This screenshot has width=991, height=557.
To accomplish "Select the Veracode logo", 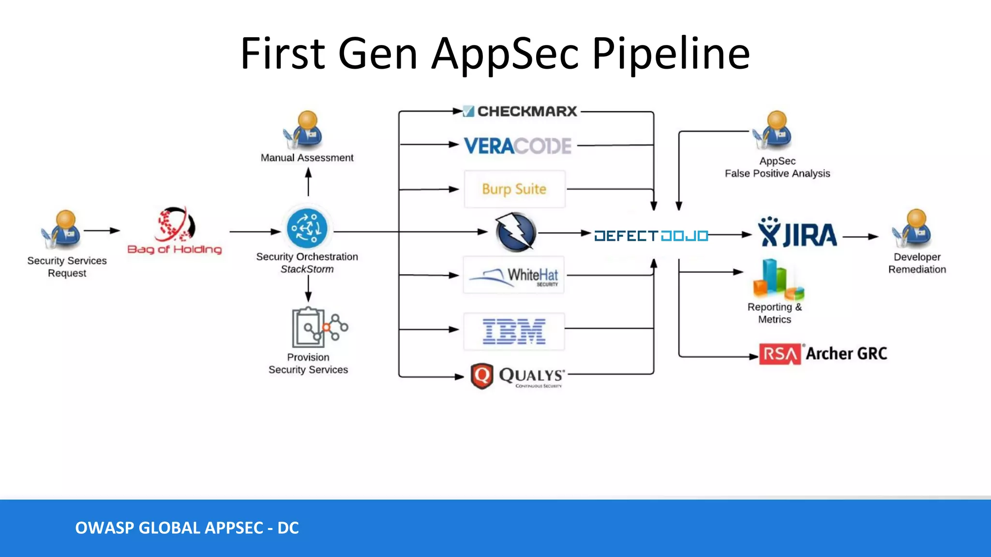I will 518,146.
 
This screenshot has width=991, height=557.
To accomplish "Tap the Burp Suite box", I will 514,189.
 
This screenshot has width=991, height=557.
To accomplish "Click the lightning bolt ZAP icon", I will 516,232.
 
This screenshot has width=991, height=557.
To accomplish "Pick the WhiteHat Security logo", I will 514,275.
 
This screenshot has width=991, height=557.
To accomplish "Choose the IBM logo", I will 514,332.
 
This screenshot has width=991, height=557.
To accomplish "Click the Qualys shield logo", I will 482,376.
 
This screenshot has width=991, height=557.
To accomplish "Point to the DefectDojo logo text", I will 651,236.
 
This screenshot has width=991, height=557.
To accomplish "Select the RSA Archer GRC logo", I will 823,354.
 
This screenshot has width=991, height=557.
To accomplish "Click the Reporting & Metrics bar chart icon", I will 778,279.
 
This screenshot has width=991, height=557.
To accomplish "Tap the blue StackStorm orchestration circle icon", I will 307,228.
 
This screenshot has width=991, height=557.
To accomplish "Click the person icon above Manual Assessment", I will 303,130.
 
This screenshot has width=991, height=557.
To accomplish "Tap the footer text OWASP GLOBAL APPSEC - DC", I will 187,528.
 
